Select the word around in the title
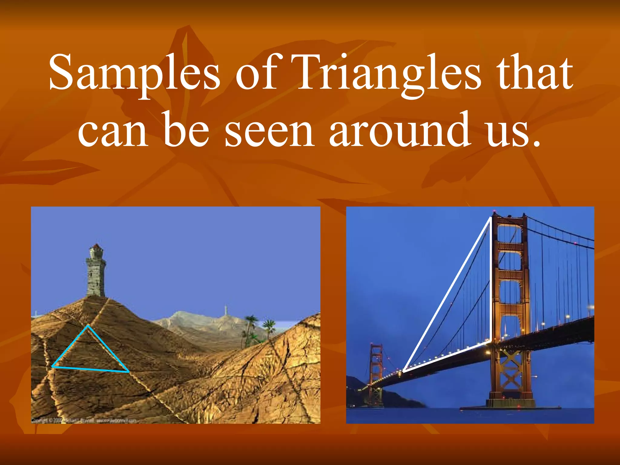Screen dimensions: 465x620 (x=400, y=130)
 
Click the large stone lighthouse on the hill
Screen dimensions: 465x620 (x=96, y=272)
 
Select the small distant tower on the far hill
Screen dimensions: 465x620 (x=226, y=311)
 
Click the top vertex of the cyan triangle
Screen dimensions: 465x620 (x=87, y=326)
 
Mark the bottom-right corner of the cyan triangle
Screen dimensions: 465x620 (x=129, y=371)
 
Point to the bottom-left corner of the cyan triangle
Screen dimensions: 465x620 (x=52, y=367)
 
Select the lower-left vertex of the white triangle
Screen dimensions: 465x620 (x=404, y=371)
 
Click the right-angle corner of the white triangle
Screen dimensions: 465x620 (x=490, y=341)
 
